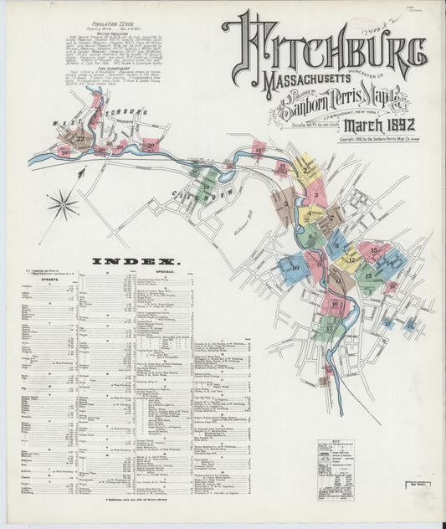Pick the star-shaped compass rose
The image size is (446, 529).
tap(62, 203)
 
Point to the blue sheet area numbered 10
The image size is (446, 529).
tap(295, 269)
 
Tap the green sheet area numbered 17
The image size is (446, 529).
tap(327, 329)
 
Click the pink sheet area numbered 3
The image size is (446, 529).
tap(315, 195)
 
